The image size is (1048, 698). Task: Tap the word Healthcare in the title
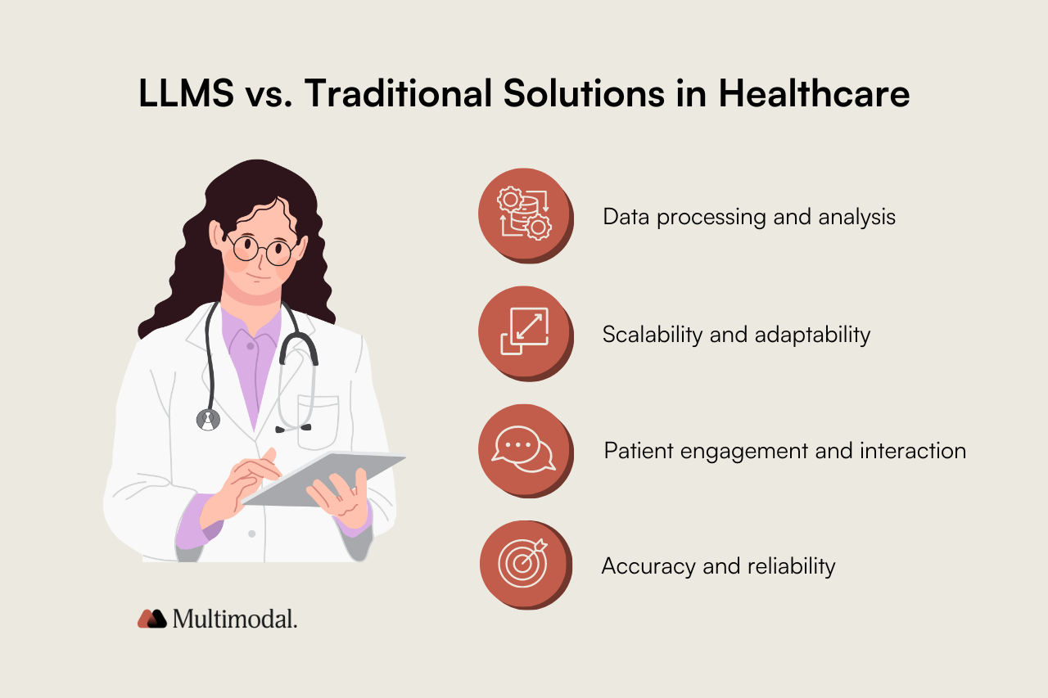pyautogui.click(x=814, y=94)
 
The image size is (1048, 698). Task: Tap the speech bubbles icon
pyautogui.click(x=525, y=448)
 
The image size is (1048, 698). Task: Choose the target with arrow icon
pyautogui.click(x=525, y=563)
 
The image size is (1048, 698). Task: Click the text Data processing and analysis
pyautogui.click(x=749, y=217)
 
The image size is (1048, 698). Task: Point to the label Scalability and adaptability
pyautogui.click(x=736, y=335)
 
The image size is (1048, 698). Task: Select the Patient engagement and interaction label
pyautogui.click(x=784, y=451)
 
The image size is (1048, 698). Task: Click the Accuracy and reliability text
pyautogui.click(x=718, y=566)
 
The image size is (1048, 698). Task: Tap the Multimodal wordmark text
pyautogui.click(x=235, y=619)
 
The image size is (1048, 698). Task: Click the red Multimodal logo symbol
pyautogui.click(x=151, y=619)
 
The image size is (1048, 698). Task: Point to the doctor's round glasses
pyautogui.click(x=262, y=248)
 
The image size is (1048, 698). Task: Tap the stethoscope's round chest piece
pyautogui.click(x=209, y=420)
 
